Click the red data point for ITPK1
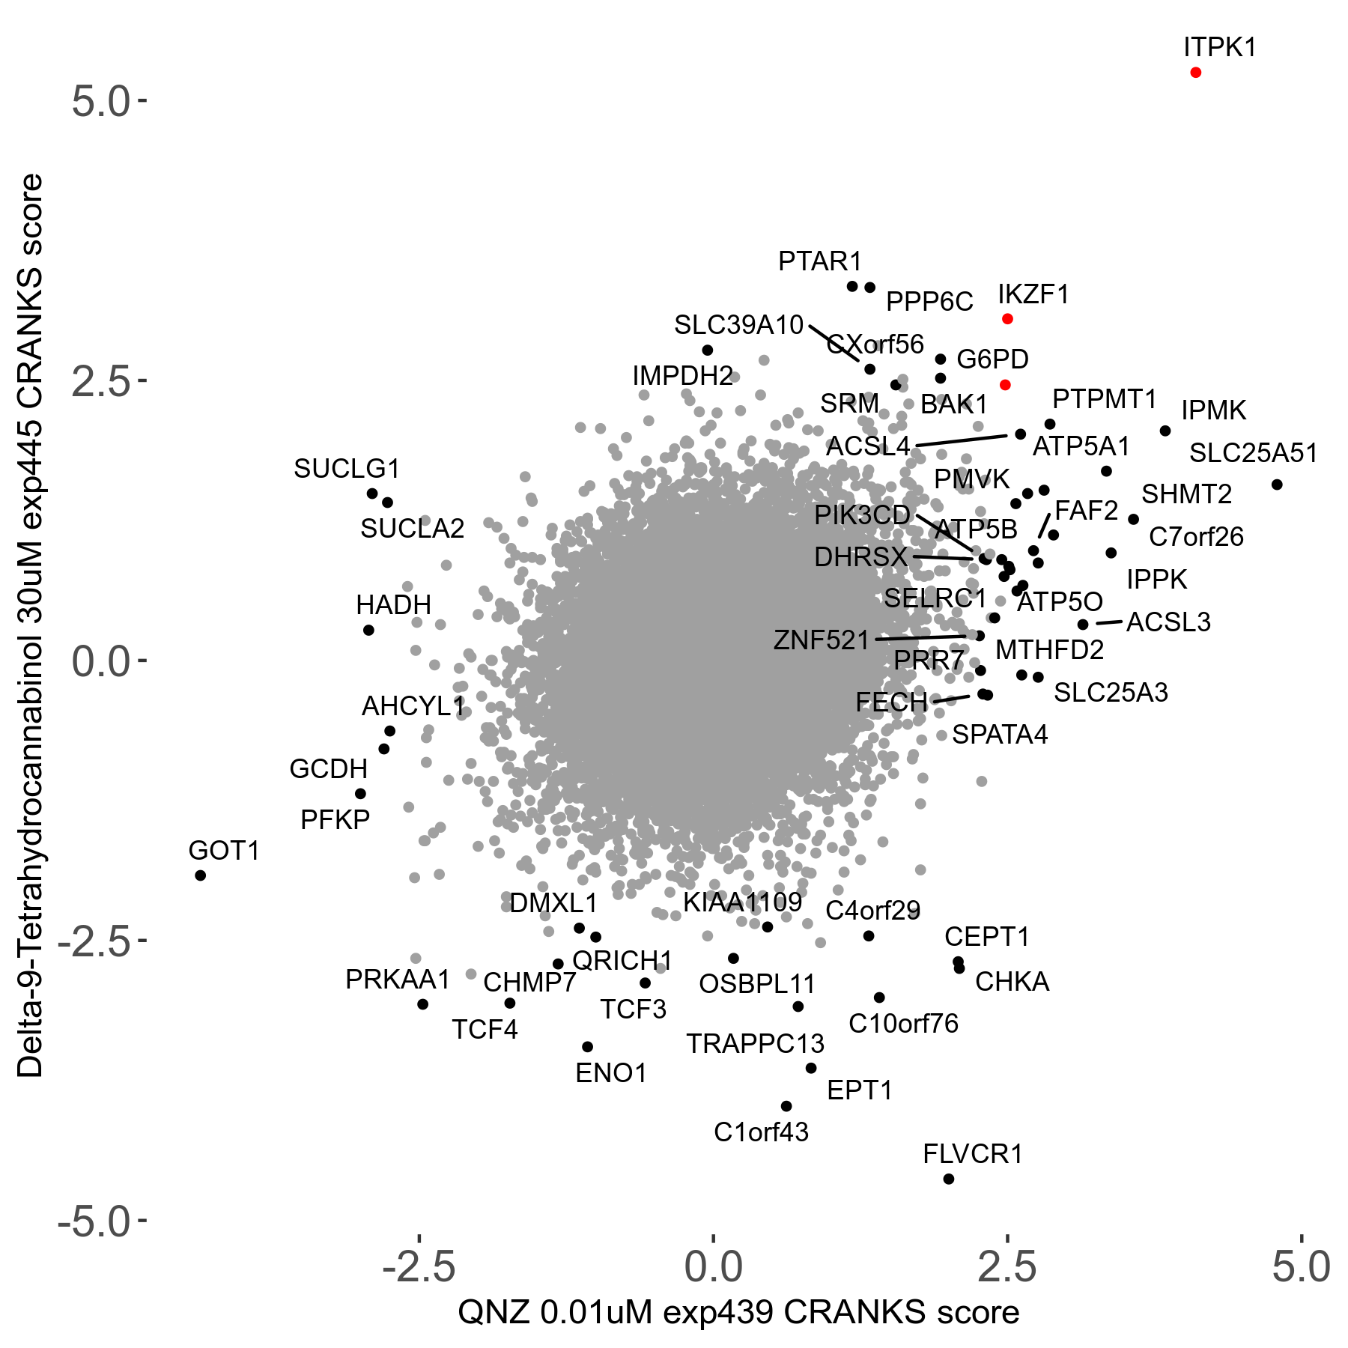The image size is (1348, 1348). coord(1195,73)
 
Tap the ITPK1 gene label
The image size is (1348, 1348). coord(1219,47)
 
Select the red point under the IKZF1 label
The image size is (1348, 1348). coord(1007,319)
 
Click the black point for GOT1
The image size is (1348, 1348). coord(200,875)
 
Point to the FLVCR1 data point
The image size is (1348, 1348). coord(948,1179)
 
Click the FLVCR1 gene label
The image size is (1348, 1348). coord(972,1154)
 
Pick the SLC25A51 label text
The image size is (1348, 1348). coord(1253,453)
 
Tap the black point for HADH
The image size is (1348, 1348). coord(368,631)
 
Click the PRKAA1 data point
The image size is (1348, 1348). coord(422,1004)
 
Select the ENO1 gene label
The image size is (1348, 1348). coord(610,1073)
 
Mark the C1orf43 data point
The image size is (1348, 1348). coord(786,1106)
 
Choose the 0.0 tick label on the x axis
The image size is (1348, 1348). coord(714,1266)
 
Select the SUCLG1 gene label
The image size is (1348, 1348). coord(347,469)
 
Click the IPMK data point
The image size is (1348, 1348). coord(1165,431)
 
